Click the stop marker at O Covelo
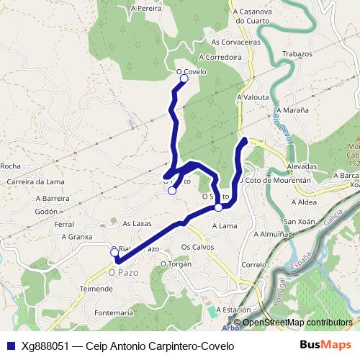pyautogui.click(x=184, y=79)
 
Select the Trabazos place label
pyautogui.click(x=297, y=54)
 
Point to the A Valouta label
pyautogui.click(x=253, y=96)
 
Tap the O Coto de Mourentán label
pyautogui.click(x=277, y=181)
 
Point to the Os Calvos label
pyautogui.click(x=197, y=246)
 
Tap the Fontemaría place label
pyautogui.click(x=114, y=313)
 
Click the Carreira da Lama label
pyautogui.click(x=32, y=181)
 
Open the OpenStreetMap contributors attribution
pyautogui.click(x=297, y=323)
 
